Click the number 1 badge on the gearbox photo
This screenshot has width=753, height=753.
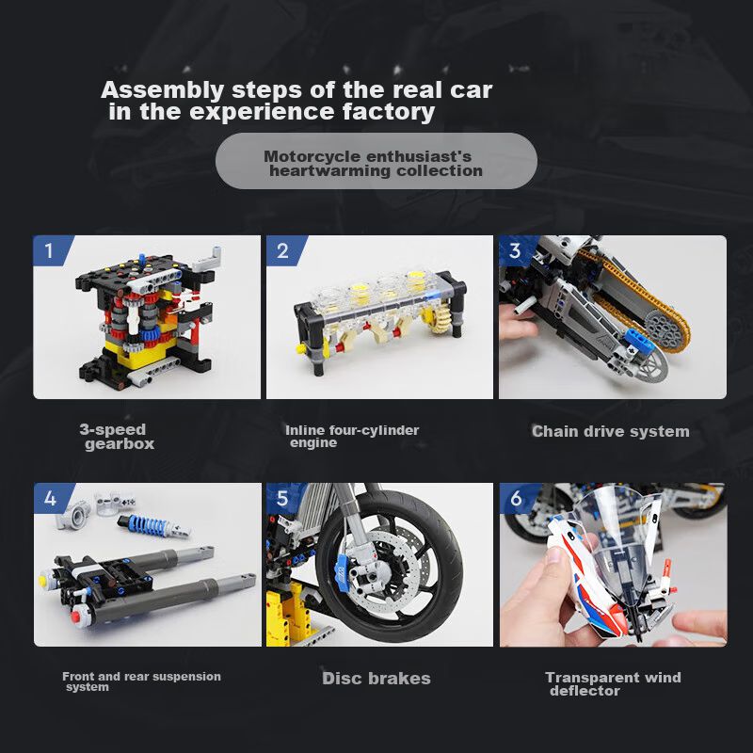pos(51,250)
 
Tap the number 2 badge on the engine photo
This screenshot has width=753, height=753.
pos(284,250)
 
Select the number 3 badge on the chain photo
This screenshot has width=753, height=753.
pos(516,250)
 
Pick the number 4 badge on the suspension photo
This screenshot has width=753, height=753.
pos(51,498)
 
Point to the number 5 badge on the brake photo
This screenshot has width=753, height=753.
pos(283,498)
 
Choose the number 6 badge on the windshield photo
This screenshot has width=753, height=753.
pos(517,498)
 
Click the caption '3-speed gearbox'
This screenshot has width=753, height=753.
pos(117,436)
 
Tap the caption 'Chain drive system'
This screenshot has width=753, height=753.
pos(610,431)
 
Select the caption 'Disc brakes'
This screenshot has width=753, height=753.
pos(376,678)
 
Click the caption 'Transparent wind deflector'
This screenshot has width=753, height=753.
pos(613,684)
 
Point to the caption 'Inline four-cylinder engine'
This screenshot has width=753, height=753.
pos(352,436)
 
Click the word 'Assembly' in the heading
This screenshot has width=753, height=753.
pos(162,90)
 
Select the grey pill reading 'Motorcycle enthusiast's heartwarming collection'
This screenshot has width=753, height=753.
pos(376,161)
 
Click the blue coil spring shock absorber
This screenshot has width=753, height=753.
pos(153,525)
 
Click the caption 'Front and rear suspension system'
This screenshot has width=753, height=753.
pos(141,681)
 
